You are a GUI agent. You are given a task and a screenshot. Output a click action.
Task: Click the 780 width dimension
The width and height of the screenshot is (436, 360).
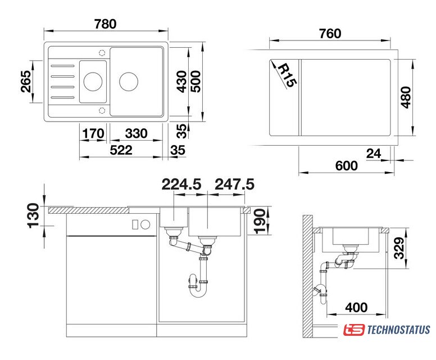(x=105, y=24)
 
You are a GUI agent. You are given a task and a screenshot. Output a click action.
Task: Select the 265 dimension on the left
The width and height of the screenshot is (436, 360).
(x=26, y=82)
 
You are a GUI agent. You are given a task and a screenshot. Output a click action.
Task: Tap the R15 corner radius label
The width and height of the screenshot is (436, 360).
(x=287, y=75)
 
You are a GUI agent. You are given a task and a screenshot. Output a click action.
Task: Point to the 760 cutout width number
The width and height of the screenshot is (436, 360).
(x=330, y=33)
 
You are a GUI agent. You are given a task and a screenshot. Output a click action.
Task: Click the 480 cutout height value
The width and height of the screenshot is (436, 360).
(x=406, y=97)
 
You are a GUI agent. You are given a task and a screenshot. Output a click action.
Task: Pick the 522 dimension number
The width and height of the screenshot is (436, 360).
(x=121, y=150)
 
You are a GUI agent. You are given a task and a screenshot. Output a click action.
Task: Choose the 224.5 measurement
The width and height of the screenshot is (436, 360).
(x=181, y=184)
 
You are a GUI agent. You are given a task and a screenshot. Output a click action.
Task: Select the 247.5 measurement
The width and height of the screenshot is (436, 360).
(x=234, y=184)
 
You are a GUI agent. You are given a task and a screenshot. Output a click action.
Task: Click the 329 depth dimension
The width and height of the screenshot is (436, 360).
(x=399, y=248)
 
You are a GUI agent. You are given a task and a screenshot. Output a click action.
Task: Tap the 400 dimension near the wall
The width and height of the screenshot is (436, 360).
(x=356, y=308)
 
